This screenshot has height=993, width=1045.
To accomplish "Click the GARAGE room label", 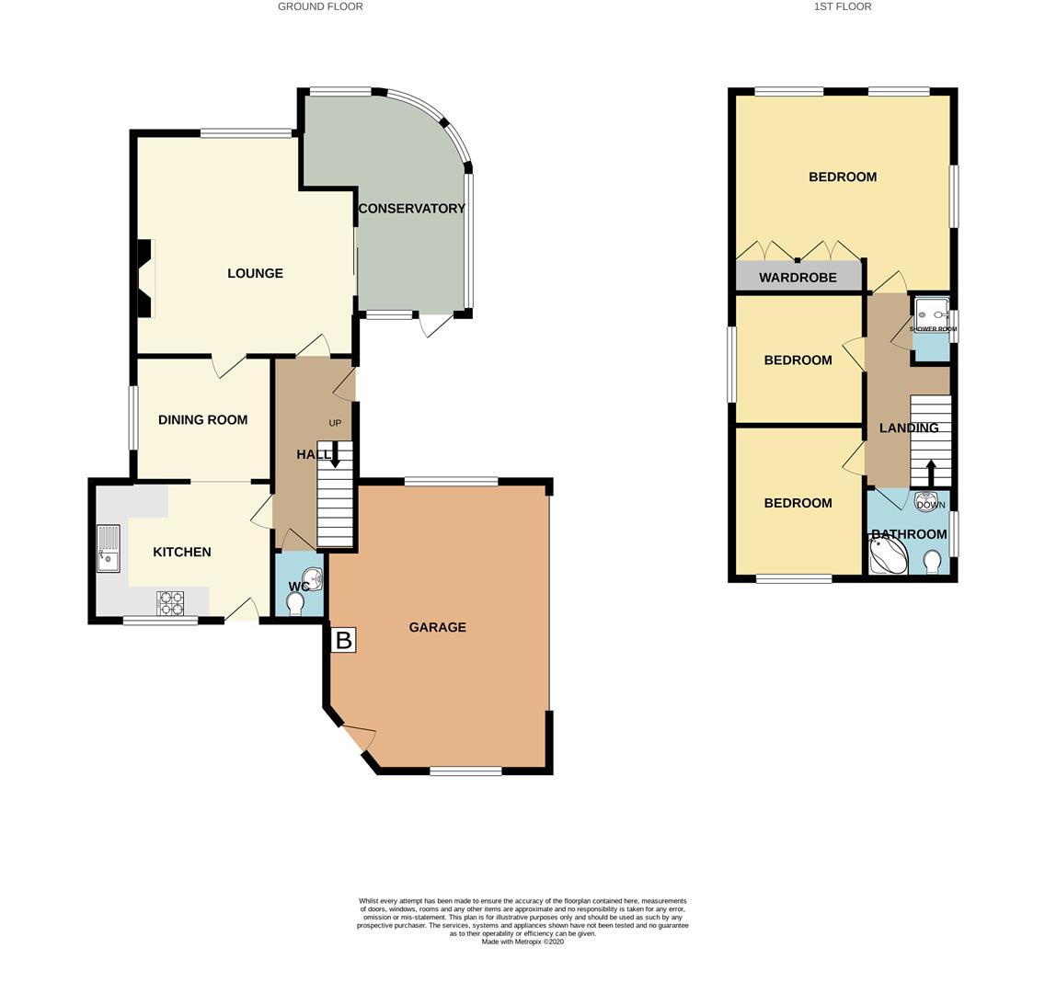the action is [x=437, y=627].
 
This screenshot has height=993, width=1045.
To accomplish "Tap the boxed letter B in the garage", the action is [x=343, y=640].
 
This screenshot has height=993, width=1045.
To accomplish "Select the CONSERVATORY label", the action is [x=412, y=209].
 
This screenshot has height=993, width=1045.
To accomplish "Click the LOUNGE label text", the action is [x=255, y=273].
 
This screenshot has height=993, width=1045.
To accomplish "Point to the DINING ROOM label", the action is [x=202, y=419].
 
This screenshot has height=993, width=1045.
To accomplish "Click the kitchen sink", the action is [x=108, y=549].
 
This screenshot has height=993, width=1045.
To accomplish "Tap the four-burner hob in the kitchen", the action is [x=170, y=603].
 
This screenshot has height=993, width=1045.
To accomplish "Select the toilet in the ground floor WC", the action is [x=294, y=603].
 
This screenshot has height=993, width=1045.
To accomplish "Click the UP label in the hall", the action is [x=335, y=423].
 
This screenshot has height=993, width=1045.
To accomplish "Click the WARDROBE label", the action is [x=798, y=277].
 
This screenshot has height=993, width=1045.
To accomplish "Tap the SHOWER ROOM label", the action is [x=933, y=329].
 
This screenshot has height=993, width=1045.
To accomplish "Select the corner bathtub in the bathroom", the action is [x=889, y=554].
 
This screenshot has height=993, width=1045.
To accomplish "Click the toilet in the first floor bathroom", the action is [x=933, y=562].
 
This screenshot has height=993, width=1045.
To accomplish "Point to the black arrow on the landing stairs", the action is [x=930, y=473].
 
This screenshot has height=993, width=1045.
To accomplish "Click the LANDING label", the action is [x=909, y=428].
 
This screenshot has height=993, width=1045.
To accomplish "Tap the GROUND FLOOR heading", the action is [x=320, y=6].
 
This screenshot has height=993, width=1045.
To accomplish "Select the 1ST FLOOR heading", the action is [x=843, y=6].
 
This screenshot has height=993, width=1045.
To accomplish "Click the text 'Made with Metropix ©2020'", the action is [x=522, y=942].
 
